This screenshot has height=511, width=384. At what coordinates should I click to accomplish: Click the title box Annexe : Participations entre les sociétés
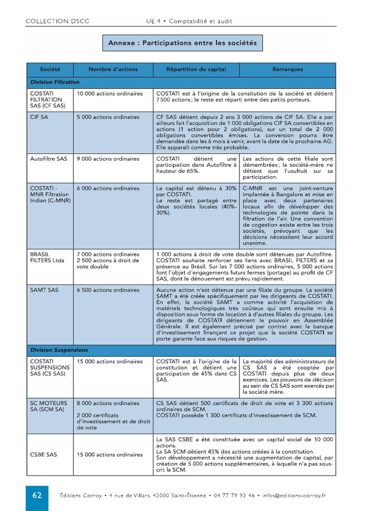182,43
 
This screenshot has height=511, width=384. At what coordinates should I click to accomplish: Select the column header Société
50,69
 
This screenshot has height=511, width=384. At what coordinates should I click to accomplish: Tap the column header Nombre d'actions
113,69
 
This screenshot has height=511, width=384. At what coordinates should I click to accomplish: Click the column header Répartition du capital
196,69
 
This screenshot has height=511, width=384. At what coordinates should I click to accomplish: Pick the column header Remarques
287,69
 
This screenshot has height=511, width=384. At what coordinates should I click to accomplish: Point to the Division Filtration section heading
55,82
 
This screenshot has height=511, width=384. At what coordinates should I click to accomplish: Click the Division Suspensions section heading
59,350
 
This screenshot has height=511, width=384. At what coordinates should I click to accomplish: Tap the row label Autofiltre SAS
48,159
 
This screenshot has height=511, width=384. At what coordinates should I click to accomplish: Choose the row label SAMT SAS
44,290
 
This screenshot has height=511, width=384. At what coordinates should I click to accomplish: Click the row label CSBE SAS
43,455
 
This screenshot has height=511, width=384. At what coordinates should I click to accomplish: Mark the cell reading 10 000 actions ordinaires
109,93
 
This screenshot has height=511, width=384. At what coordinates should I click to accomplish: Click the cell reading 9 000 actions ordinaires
108,159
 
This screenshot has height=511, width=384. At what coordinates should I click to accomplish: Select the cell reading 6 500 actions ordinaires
108,290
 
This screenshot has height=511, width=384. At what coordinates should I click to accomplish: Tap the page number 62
37,496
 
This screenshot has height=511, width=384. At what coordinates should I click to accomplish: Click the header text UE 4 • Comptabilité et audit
189,21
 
